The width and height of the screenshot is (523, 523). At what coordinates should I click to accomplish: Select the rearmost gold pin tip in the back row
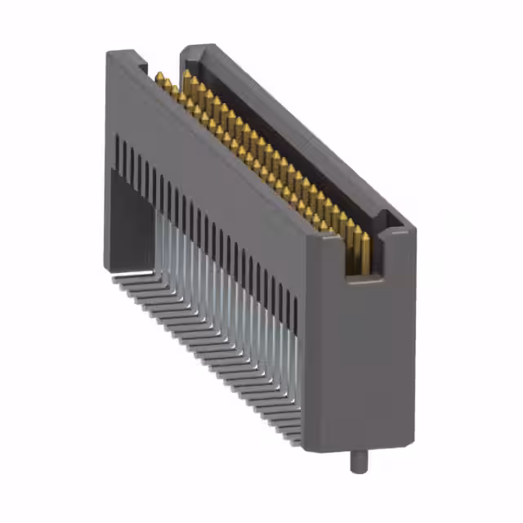click(188, 74)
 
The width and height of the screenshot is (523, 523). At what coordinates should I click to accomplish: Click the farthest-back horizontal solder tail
click(123, 278)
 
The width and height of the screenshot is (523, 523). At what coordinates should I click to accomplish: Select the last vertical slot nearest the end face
click(295, 311)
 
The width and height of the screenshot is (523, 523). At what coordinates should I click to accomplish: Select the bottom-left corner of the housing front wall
click(108, 266)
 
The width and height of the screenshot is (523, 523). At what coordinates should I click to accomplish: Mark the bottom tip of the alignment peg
click(358, 472)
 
